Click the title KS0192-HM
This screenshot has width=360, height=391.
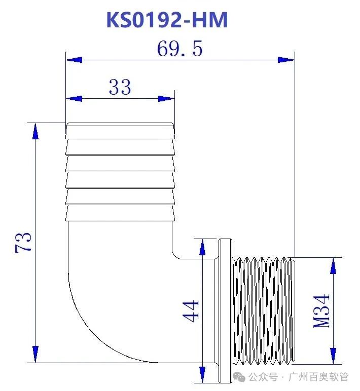point(167,20)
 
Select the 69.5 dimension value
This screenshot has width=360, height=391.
point(179,49)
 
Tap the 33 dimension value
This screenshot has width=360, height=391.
point(120,88)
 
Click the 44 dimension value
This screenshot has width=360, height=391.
point(191,310)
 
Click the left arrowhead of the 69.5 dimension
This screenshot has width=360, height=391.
point(74,60)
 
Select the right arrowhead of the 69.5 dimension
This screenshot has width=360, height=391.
point(286,60)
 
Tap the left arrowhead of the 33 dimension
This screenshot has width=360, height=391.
point(74,98)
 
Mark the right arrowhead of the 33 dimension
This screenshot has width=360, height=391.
point(166,98)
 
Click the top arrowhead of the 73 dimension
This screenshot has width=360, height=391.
point(35,131)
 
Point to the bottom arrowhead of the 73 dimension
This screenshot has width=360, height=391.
point(35,354)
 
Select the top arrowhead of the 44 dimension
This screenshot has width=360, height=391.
point(202,247)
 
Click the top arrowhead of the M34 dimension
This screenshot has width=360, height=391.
point(333,266)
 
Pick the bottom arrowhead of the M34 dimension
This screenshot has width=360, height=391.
point(333,355)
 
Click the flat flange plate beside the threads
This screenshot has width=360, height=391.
point(225,310)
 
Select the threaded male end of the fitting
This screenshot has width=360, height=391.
point(263,310)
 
